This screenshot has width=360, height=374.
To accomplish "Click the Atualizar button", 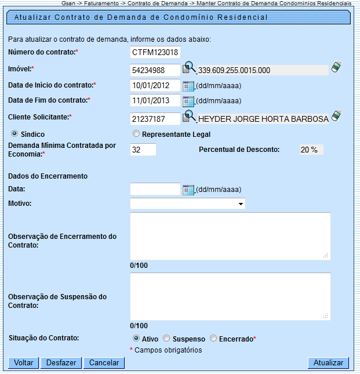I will point(328,363).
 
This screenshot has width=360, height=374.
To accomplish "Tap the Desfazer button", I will point(61,363).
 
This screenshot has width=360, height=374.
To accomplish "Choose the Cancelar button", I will point(104,363).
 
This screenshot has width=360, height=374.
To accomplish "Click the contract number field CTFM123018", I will point(155,53).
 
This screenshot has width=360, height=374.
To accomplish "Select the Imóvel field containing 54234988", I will point(155,70).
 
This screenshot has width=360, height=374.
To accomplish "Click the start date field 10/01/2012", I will point(155,86).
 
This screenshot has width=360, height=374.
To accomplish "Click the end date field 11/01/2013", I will point(155,101).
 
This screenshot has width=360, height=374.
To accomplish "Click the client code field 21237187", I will point(155,119).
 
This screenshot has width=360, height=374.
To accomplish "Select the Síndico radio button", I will point(14,134).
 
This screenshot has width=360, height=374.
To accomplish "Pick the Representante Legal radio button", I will point(136,134).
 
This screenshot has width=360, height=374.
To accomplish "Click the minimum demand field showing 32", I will point(143,150).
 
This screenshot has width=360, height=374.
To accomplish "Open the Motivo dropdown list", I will point(187,204).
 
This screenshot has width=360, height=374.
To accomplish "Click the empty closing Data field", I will point(155,189).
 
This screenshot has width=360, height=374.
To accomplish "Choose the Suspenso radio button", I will point(166,338).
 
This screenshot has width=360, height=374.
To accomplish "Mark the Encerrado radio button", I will point(213,338).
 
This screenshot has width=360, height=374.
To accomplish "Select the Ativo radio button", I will point(136,338).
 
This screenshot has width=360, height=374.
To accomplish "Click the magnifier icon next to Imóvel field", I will point(190,69).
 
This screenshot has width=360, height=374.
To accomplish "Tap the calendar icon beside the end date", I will point(188,101).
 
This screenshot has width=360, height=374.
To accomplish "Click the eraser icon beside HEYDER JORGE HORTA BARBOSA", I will point(336,116).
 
